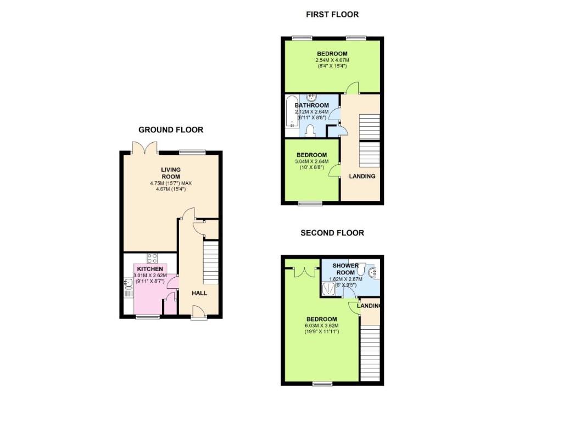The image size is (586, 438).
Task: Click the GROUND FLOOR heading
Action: point(171,130)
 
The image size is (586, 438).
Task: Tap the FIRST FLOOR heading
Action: point(332,14)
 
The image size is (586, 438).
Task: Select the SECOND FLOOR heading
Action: point(332,233)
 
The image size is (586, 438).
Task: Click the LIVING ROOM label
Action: point(171,173)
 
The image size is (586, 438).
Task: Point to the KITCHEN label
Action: point(150,269)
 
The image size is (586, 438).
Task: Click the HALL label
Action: point(199,293)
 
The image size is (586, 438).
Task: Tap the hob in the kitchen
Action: point(152,260)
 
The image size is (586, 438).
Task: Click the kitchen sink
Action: point(128,284)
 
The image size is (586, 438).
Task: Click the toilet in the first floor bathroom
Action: point(310,130)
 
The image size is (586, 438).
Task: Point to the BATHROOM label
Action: point(311,105)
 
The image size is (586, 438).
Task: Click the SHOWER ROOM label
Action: point(345,269)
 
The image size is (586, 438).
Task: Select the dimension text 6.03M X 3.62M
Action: point(322,325)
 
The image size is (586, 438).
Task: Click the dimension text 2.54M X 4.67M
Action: point(332,60)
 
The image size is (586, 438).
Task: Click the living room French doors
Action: point(146,147)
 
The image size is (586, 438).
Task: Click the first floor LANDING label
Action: point(362,176)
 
